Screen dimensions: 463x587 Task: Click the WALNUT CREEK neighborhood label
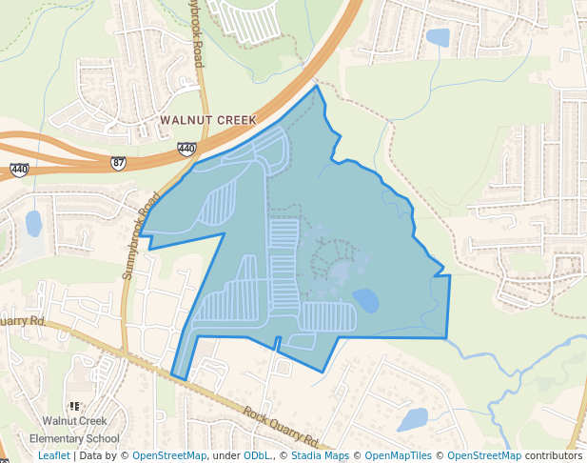tap(208, 120)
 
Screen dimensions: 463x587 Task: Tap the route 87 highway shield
tap(118, 163)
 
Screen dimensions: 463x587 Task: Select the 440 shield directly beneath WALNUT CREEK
tap(186, 149)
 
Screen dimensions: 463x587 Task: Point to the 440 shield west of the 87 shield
tap(20, 170)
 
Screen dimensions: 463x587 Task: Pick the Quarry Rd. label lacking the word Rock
tap(24, 322)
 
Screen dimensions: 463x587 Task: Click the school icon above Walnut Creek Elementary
tap(74, 407)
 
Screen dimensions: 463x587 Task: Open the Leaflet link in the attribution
tap(53, 456)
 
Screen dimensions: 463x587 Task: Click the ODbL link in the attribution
tap(257, 456)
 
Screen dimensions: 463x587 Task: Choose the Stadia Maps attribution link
tap(320, 456)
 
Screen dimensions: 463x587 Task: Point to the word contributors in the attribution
tap(554, 456)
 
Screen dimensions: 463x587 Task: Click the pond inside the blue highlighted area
tap(365, 301)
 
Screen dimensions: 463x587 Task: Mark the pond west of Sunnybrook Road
tap(33, 224)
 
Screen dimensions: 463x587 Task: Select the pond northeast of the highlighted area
tap(438, 38)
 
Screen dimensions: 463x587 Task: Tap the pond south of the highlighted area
tap(414, 419)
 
